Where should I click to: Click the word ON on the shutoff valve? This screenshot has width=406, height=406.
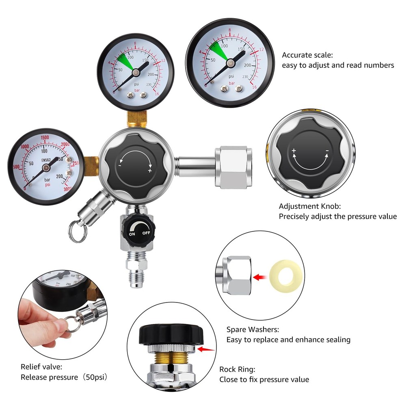[x=132, y=234]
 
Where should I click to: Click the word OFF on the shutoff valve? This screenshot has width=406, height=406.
[x=146, y=233]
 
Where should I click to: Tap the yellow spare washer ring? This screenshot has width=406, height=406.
[x=286, y=277]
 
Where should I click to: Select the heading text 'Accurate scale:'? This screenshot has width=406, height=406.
[x=307, y=55]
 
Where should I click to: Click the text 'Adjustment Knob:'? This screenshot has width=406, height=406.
[x=309, y=206]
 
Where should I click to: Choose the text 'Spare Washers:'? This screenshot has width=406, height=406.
[x=253, y=330]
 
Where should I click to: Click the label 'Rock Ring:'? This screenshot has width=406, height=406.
[x=238, y=369]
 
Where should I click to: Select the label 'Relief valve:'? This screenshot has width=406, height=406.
[x=41, y=367]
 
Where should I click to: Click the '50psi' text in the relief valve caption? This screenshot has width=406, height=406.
[x=95, y=377]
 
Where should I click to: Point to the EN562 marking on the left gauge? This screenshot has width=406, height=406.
[x=47, y=160]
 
